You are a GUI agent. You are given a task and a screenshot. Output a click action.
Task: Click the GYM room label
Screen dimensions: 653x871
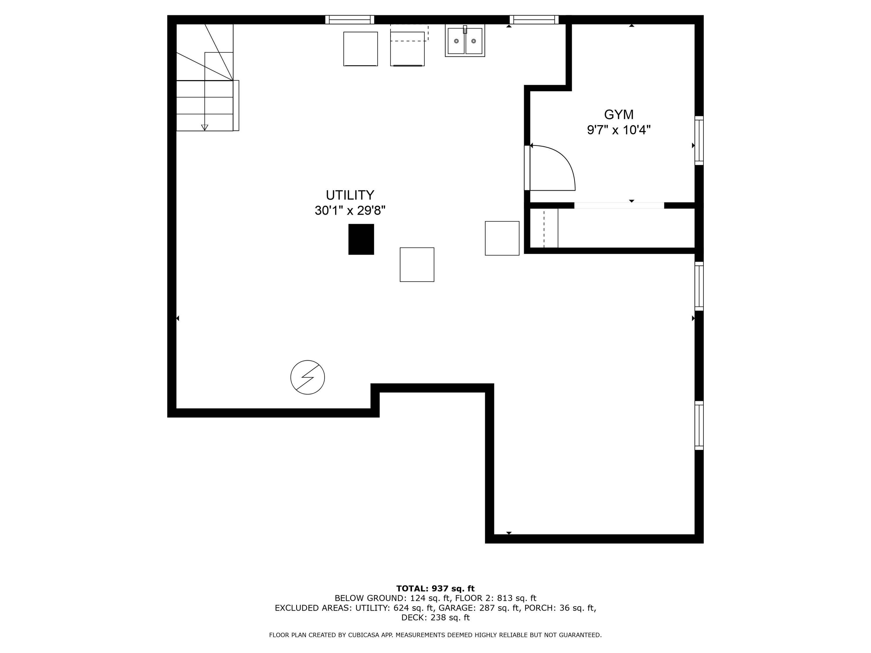619,115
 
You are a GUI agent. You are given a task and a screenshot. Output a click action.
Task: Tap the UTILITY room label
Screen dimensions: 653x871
350,195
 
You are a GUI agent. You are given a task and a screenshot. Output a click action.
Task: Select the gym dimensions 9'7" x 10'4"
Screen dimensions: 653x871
619,130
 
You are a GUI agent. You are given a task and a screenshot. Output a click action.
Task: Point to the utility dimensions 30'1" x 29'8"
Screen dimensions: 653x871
350,211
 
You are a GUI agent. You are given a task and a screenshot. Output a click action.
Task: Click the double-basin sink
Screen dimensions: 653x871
465,41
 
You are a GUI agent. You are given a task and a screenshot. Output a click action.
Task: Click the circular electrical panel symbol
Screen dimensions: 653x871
307,377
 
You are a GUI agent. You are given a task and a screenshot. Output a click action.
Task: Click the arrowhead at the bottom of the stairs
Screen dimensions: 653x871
204,127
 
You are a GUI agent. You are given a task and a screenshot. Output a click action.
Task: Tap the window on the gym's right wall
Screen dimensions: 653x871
699,140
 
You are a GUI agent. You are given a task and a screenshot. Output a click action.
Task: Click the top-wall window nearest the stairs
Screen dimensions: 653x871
350,20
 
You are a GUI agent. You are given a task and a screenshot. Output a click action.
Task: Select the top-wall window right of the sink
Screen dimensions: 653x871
534,20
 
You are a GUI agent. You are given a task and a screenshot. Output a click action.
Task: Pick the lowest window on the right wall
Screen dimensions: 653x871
699,425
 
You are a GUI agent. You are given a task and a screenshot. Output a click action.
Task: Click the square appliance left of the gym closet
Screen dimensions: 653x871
502,238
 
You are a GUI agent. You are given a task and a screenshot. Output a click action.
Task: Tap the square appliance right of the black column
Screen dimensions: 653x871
417,264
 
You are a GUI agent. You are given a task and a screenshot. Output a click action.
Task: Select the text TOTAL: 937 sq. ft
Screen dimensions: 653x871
435,589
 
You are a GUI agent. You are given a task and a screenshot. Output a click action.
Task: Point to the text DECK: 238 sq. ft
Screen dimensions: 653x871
435,618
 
